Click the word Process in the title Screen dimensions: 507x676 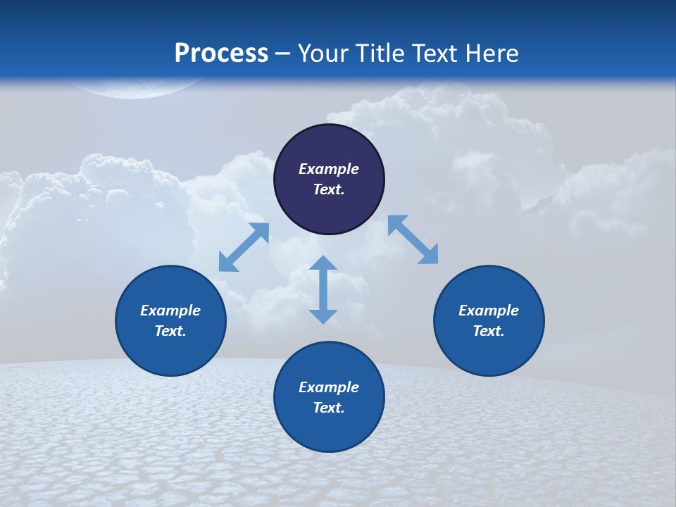point(221,54)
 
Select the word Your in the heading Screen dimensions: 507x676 point(324,54)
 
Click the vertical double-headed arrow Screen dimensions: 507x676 point(323,289)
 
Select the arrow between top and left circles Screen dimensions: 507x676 point(244,247)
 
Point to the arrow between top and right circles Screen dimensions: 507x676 point(413,239)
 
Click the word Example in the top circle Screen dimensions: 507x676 point(329,169)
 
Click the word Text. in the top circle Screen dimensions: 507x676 point(329,189)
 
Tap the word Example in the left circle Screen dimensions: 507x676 point(170,311)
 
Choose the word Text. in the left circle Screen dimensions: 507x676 point(170,331)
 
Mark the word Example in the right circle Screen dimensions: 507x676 point(489,311)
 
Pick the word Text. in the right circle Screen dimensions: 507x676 point(489,331)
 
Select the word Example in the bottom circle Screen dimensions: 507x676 point(329,387)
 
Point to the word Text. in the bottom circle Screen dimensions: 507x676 point(329,408)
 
